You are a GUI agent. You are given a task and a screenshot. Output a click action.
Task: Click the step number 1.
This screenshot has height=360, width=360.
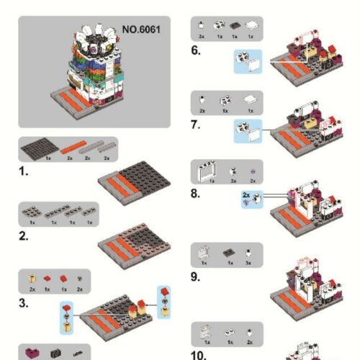click(24, 174)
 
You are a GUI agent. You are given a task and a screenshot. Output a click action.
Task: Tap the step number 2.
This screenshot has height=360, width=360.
click(24, 237)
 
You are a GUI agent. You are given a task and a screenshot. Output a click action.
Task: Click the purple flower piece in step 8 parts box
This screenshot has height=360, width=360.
click(252, 171)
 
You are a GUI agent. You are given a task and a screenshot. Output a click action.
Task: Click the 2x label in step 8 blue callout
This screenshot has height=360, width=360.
click(246, 195)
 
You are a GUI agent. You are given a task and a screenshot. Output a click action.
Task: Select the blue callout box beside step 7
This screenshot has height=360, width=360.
click(249, 130)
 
